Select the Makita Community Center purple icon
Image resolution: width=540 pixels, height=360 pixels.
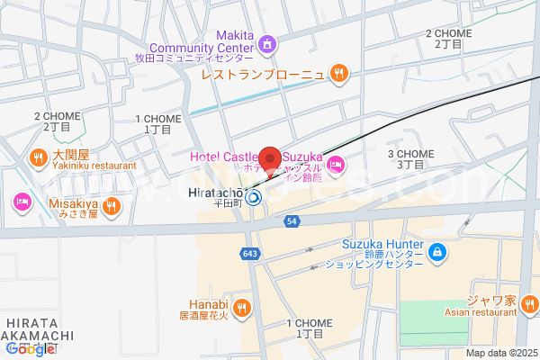tap(266, 43)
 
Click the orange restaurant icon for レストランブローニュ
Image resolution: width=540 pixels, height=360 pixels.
tap(338, 73)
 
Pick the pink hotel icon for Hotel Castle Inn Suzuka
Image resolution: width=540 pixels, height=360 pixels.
tap(335, 163)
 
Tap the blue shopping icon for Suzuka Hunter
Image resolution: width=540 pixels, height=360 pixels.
tap(437, 252)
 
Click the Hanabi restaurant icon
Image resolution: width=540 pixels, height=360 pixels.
tap(241, 310)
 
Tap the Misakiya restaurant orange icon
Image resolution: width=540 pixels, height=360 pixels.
tap(111, 206)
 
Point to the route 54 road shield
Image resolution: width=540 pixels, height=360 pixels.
tap(291, 220)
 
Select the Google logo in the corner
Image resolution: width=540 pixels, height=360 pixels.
tap(30, 349)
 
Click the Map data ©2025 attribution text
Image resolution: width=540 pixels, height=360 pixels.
tap(500, 353)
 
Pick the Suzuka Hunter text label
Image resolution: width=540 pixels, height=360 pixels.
tap(382, 243)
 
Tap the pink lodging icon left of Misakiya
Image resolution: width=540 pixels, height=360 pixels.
tap(21, 201)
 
